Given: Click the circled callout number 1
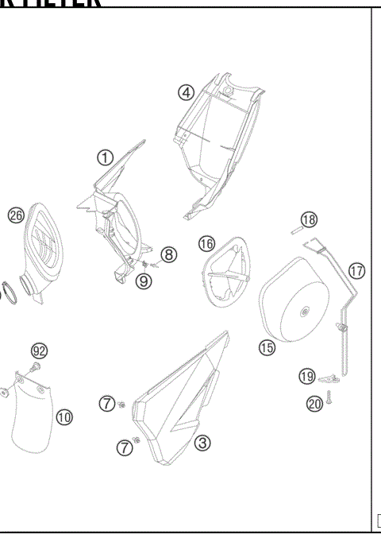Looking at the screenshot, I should [x=105, y=157].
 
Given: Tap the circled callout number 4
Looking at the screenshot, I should [x=186, y=92].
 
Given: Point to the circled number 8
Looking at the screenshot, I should [x=168, y=254].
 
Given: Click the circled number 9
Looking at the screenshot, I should [x=144, y=281].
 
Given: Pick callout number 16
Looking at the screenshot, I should [x=206, y=242].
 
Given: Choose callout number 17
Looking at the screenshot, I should [x=357, y=270].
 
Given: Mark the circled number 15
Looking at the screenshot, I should [x=266, y=346].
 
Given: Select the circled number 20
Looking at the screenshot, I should [x=314, y=404].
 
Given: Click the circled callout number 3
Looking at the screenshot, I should [x=203, y=442].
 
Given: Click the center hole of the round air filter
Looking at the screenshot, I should [x=305, y=312].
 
